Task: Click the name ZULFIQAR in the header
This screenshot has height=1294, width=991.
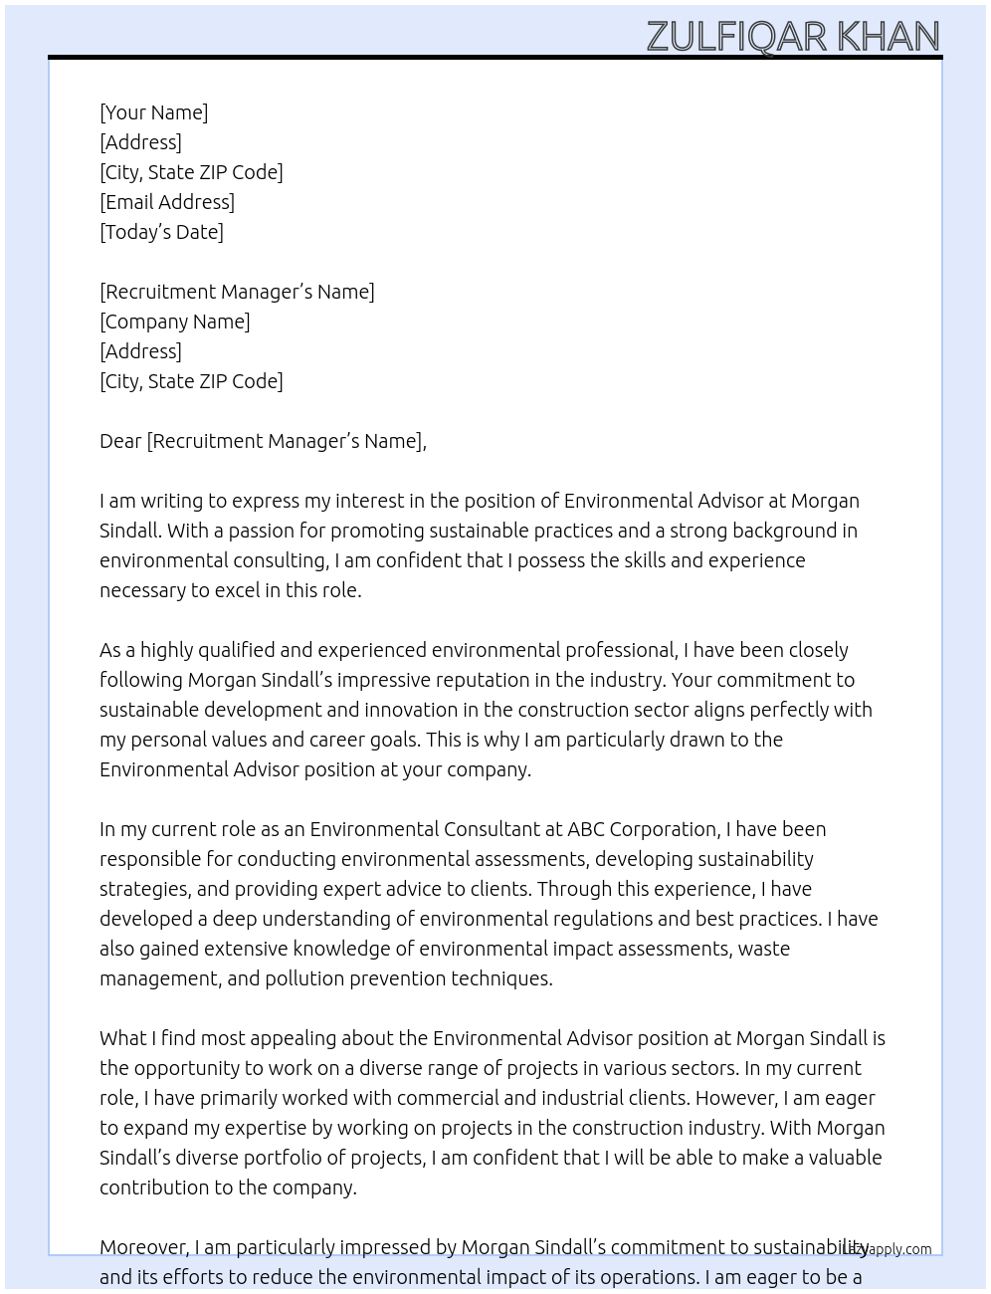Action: pos(737,37)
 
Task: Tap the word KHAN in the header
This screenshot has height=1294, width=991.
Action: pos(888,37)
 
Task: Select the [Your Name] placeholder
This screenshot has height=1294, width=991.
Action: pos(153,112)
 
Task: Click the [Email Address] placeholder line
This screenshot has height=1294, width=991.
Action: pos(167,202)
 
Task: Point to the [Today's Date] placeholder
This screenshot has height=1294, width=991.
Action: pos(161,232)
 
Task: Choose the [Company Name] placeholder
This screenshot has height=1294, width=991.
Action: pos(174,322)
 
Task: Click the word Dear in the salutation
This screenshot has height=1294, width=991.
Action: pos(120,441)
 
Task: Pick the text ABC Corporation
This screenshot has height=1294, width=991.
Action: pos(642,829)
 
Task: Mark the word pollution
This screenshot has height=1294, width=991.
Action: pos(301,978)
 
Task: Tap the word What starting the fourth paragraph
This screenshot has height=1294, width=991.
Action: pos(122,1038)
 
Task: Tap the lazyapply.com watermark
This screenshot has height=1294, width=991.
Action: pos(888,1249)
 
